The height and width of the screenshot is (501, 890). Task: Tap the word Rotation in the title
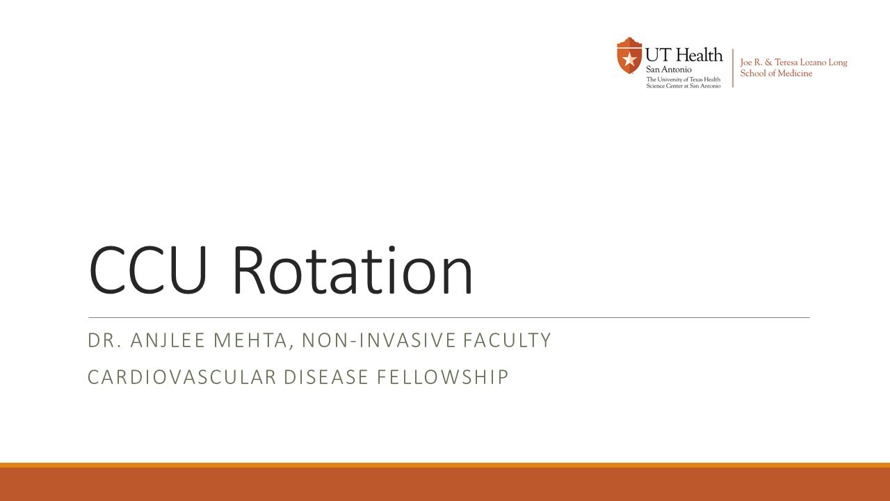click(x=352, y=270)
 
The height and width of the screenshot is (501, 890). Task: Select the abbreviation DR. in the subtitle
click(x=103, y=340)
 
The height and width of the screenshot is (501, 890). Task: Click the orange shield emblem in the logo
click(x=629, y=56)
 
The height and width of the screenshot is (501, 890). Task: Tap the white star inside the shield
click(x=629, y=58)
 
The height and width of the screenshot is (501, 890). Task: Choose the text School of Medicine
click(x=776, y=74)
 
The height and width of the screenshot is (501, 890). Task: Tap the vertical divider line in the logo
click(x=732, y=67)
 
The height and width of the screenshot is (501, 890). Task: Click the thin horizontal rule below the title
click(x=448, y=317)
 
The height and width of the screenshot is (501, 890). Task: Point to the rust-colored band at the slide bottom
click(x=445, y=484)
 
